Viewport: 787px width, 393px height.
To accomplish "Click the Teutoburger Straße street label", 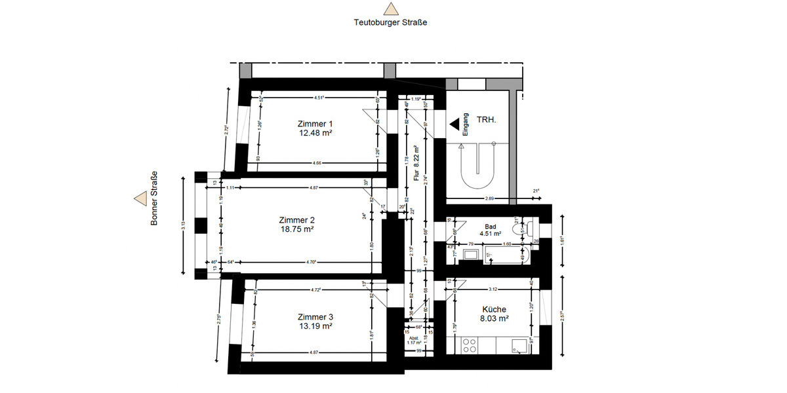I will [x=390, y=22].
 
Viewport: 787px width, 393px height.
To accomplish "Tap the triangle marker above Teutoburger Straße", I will [x=391, y=9].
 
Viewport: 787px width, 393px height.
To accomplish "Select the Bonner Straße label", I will [x=155, y=198].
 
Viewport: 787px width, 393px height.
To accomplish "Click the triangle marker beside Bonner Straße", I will [x=140, y=198].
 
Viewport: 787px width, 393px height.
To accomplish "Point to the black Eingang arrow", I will [x=453, y=122].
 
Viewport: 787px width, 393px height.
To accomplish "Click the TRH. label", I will [x=487, y=121].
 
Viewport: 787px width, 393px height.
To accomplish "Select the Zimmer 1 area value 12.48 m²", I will [x=315, y=133].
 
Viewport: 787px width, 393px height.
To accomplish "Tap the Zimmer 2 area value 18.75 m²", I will [x=296, y=229].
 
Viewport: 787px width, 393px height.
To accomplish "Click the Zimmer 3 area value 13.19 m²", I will [x=315, y=326].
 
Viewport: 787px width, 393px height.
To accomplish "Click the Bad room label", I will [x=490, y=226].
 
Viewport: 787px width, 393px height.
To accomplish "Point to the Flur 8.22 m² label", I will [x=416, y=163].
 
